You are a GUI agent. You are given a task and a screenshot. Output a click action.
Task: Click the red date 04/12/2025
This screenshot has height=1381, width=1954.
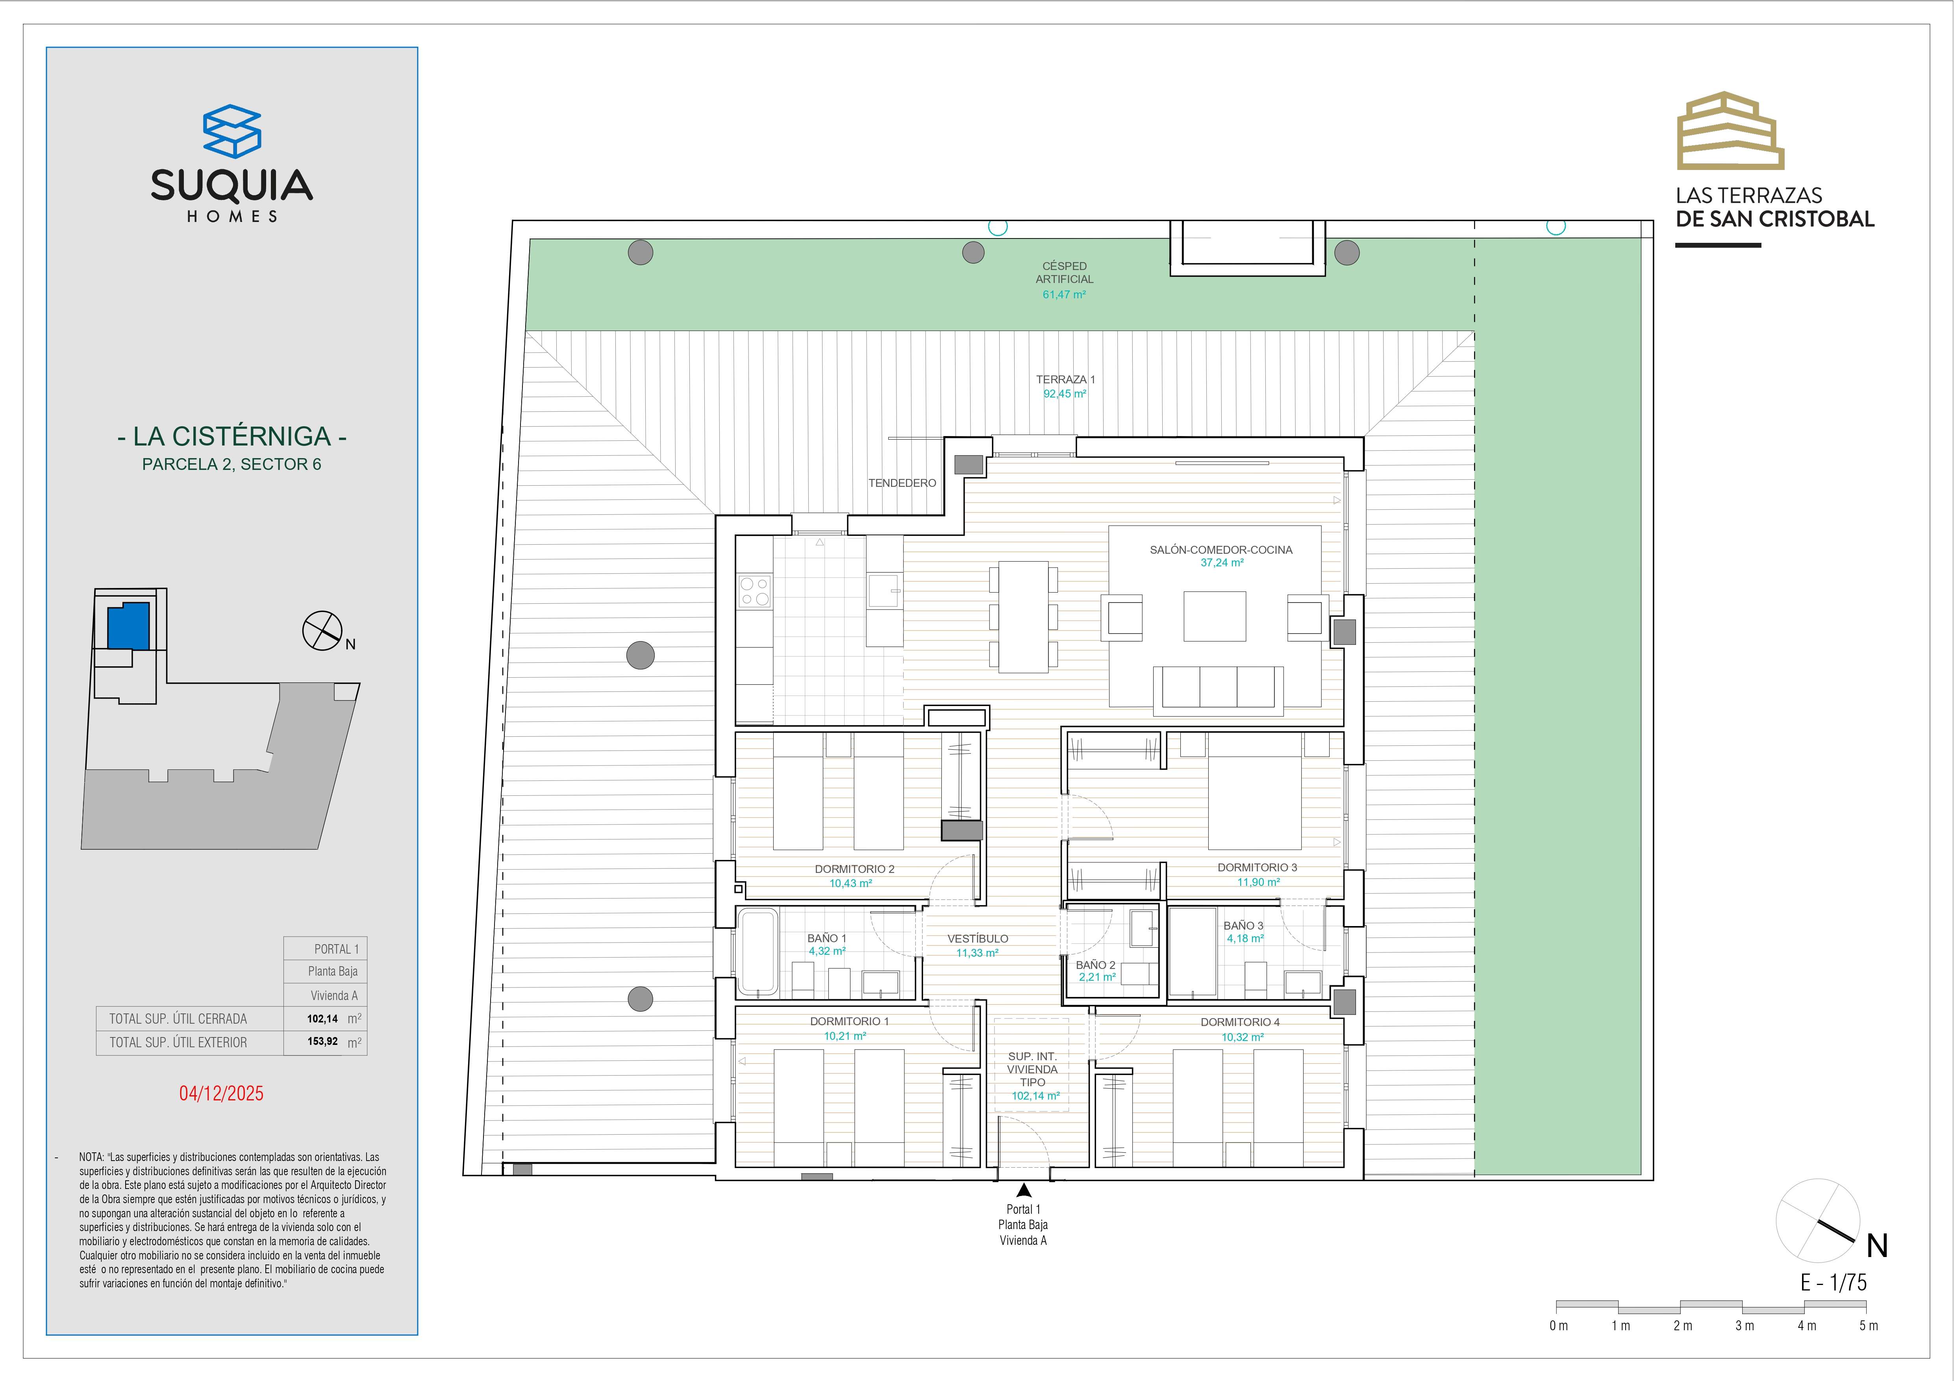[221, 1093]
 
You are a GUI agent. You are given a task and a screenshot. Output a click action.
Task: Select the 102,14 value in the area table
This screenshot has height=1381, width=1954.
[322, 1019]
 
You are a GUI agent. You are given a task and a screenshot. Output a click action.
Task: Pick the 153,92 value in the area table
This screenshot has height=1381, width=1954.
[322, 1041]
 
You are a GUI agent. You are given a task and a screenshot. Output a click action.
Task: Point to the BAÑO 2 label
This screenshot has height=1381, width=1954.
[1095, 965]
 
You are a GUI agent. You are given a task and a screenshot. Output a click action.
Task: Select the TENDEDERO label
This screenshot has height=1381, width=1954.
[902, 483]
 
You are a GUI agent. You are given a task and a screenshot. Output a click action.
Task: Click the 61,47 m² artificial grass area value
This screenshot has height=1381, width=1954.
[1064, 294]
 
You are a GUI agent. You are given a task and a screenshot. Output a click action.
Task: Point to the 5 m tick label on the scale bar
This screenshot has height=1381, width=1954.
[1868, 1326]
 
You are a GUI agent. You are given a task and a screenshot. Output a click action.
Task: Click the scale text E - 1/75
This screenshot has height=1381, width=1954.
[1833, 1282]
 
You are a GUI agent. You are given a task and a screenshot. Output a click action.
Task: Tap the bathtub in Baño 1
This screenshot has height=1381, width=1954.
[758, 952]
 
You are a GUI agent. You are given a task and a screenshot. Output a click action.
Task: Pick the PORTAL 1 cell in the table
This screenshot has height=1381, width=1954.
[336, 949]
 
